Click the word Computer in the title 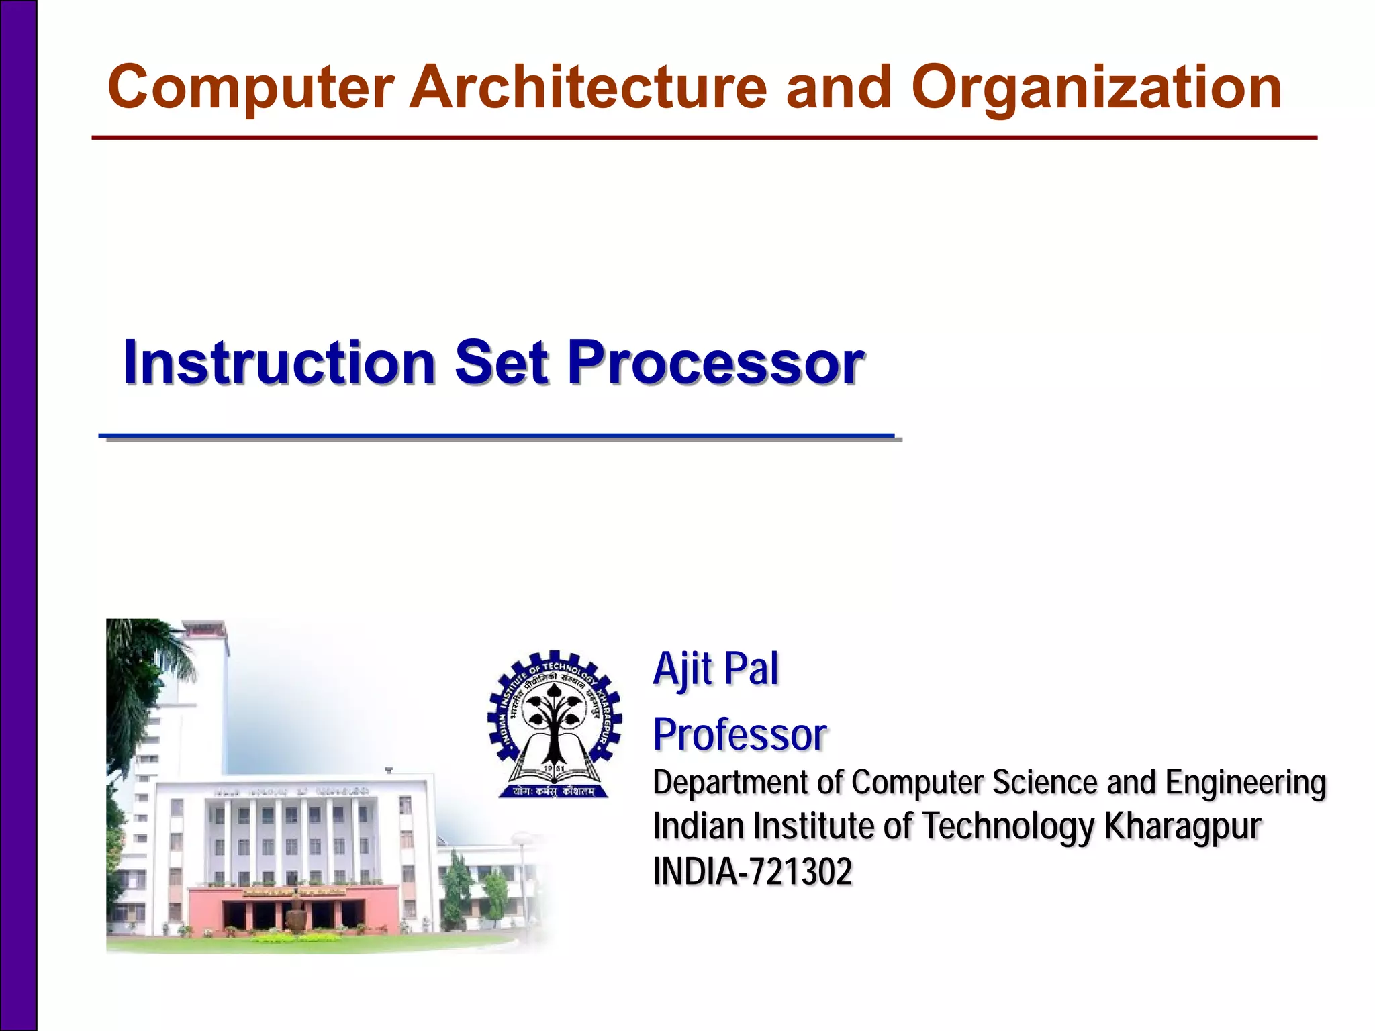250,87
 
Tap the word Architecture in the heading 588,87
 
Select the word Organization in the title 1096,89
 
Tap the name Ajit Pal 716,669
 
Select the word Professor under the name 739,734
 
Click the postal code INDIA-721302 752,871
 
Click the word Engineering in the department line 1245,783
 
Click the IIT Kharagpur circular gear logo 555,722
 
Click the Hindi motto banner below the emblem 554,791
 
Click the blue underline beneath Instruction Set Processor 497,436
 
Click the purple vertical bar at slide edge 18,515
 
